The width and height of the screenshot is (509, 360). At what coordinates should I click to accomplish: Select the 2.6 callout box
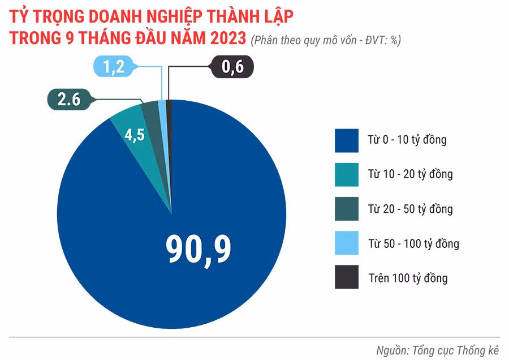[x=68, y=100]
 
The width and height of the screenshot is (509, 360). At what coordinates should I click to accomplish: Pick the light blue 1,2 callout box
[x=113, y=67]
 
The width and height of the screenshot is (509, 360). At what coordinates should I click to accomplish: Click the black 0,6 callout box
[x=232, y=67]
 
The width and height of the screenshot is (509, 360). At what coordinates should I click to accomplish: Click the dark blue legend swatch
[x=346, y=140]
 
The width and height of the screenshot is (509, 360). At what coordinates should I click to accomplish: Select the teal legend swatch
[x=346, y=174]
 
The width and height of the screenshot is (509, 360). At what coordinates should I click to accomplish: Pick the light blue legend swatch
[x=346, y=243]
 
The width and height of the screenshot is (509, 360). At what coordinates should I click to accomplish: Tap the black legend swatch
[x=346, y=278]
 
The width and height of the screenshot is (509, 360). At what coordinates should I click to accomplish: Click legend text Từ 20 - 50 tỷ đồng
[x=410, y=209]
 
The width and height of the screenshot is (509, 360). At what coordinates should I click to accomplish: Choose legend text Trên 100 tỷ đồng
[x=408, y=278]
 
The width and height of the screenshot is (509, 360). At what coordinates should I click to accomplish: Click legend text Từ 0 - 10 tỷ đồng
[x=407, y=140]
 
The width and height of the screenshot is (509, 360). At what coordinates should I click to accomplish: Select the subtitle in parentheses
[x=326, y=40]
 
